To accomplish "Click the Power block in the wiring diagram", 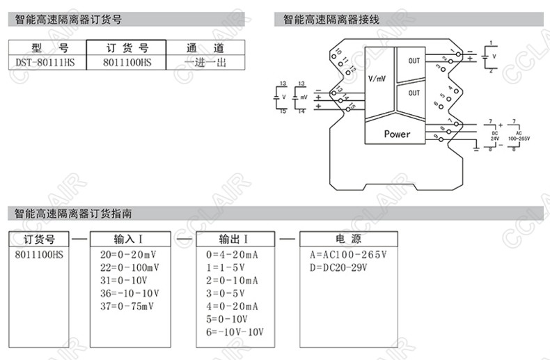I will (x=397, y=134).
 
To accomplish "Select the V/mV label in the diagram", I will (x=377, y=79).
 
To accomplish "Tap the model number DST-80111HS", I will (x=45, y=62).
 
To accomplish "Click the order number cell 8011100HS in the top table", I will (x=126, y=62).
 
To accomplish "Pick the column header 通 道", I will (x=206, y=48).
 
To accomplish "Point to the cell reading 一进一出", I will (x=206, y=62).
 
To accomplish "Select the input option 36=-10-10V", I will (x=129, y=293).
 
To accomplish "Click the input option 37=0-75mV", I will (x=129, y=306).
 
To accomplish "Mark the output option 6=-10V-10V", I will (x=235, y=331).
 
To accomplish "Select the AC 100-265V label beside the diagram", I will (x=519, y=135).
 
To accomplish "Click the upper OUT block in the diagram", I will (x=414, y=61).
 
